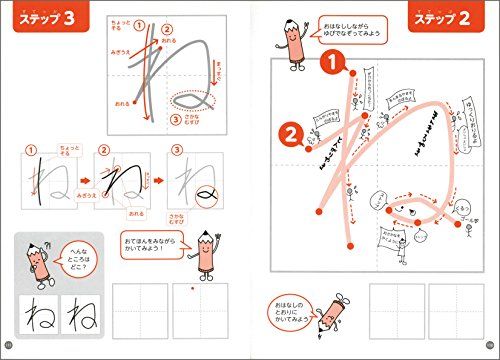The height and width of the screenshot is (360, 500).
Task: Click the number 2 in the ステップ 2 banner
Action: point(477,20)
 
